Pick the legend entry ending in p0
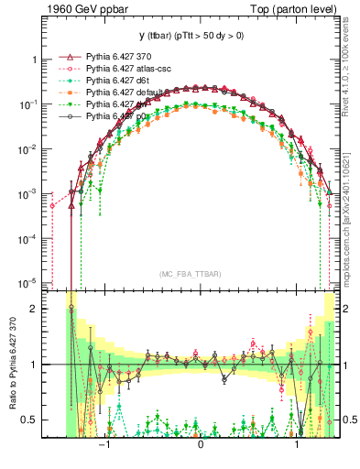pos(119,116)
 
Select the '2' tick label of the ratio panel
pos(34,309)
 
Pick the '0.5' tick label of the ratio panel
pos(30,420)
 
